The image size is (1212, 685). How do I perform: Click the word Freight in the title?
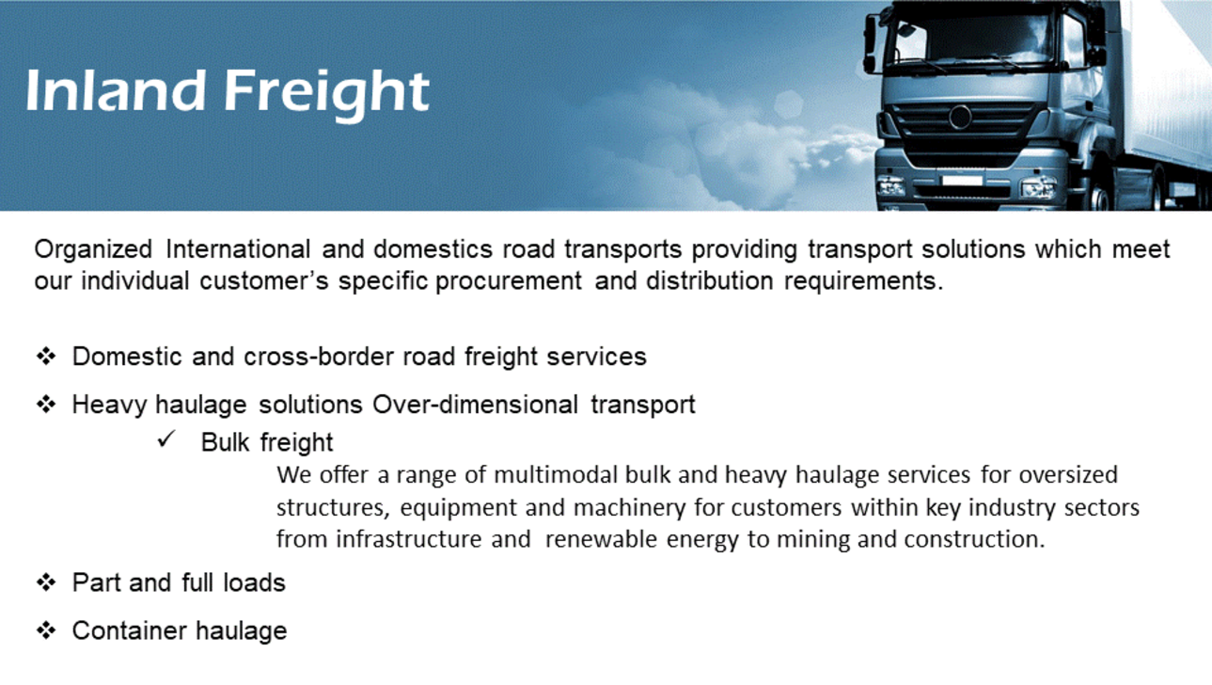pos(327,92)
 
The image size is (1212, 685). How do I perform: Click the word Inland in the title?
pos(116,90)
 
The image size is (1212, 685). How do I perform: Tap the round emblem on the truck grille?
pos(960,117)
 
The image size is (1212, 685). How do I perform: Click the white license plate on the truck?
pos(962,181)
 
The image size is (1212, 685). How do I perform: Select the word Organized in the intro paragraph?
pos(93,250)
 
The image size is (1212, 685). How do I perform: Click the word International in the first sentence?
pos(238,249)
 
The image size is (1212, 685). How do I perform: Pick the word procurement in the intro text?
pos(509,282)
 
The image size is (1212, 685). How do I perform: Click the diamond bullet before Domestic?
pos(46,357)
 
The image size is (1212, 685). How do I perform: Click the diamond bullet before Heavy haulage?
pos(46,404)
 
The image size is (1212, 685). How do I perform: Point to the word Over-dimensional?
pos(476,405)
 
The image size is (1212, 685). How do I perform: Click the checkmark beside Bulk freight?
pos(166,439)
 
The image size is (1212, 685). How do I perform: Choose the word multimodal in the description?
pos(556,475)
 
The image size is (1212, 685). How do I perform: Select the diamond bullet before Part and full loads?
pos(46,582)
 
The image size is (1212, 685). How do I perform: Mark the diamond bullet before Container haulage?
pos(46,630)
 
